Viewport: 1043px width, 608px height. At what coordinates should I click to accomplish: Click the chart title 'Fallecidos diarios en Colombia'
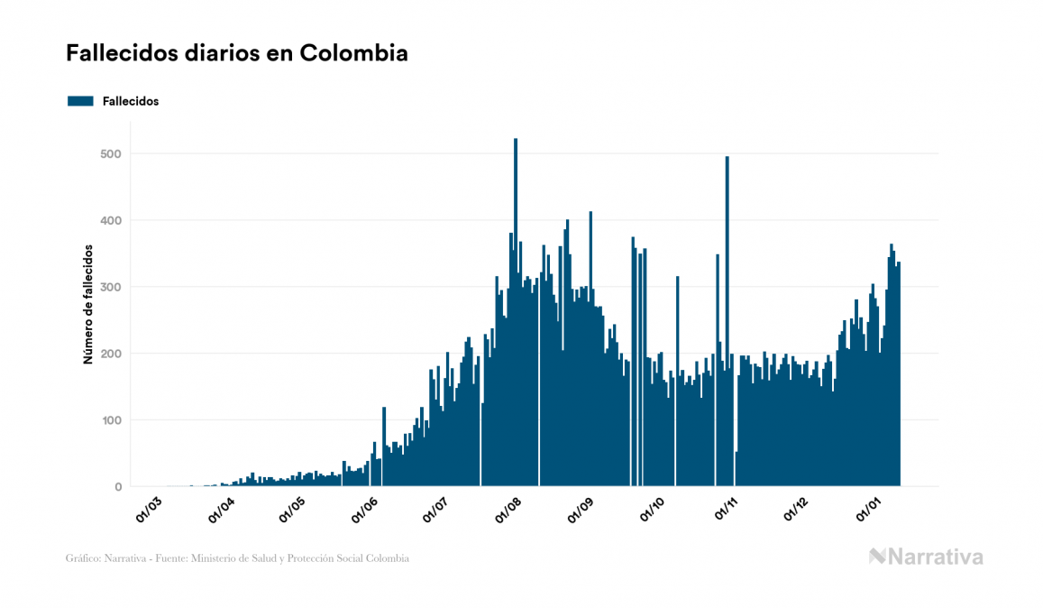237,53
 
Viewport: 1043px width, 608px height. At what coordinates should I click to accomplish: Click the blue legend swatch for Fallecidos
80,101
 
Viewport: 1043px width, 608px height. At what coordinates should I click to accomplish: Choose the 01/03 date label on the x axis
149,509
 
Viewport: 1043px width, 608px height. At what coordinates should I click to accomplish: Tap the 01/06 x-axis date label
365,509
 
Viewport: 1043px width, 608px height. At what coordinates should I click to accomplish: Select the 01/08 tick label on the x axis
509,509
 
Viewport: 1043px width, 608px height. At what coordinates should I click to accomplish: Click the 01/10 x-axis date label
653,509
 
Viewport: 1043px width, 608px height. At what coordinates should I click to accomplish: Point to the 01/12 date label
798,509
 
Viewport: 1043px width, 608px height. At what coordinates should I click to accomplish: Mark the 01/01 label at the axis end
869,509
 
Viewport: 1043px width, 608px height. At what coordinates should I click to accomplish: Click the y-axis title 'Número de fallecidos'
88,303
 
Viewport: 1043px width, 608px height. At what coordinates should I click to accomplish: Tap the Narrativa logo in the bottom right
926,557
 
